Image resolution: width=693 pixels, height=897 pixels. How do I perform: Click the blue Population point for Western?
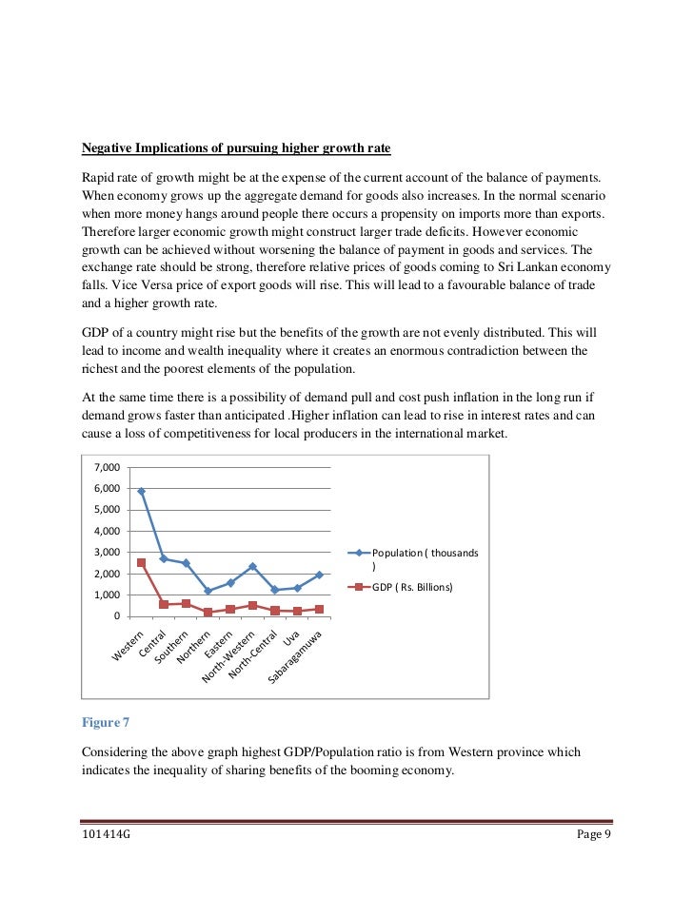[141, 492]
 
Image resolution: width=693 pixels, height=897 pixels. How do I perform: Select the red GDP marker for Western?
[141, 562]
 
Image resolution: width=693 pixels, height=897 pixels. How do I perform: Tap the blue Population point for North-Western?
[252, 567]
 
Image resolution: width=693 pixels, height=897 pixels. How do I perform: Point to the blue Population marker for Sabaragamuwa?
[319, 575]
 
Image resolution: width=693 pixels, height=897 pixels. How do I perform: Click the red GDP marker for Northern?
[208, 613]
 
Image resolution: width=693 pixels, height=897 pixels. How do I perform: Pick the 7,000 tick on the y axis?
[107, 468]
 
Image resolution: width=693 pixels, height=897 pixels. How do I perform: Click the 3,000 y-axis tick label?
[107, 553]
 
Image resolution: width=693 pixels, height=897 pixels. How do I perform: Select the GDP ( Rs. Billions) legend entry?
[412, 587]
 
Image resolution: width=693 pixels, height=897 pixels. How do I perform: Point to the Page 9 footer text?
[594, 835]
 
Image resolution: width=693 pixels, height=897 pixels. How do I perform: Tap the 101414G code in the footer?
[106, 835]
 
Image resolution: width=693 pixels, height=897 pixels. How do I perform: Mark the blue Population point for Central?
[164, 558]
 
